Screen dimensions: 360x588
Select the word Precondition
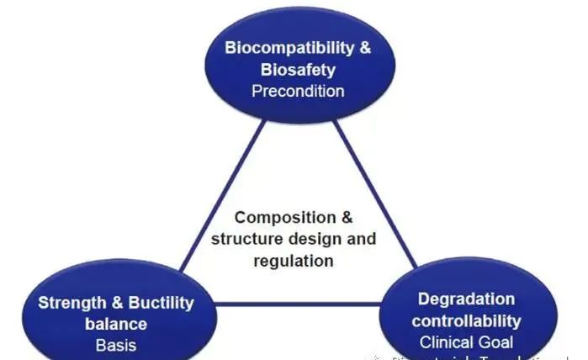298,90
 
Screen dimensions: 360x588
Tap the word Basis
115,344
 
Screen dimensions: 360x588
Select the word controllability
466,320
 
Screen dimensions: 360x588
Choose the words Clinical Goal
465,342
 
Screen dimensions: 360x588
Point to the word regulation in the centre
294,260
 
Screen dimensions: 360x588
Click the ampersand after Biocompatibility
363,47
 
